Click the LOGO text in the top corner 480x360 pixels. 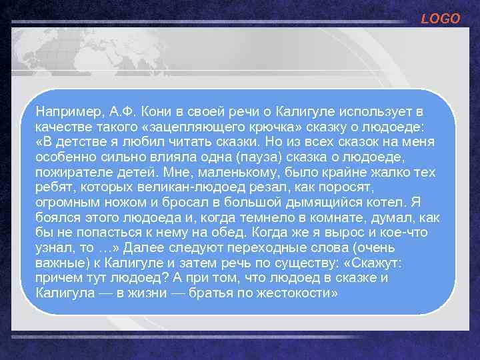tap(441, 19)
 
